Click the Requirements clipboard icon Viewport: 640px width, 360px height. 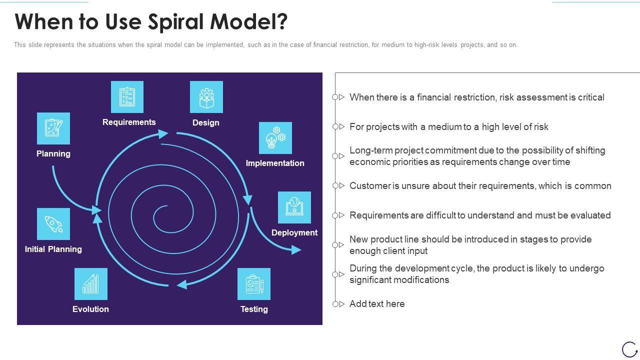tap(127, 97)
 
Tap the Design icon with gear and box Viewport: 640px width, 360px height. tap(206, 97)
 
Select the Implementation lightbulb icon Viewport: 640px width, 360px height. tap(275, 138)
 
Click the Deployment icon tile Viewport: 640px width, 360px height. tap(294, 207)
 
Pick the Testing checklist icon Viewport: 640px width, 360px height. tap(253, 284)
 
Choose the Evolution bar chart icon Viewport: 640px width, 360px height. tap(91, 284)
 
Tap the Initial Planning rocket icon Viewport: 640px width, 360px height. tap(53, 224)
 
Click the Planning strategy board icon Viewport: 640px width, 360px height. tap(53, 128)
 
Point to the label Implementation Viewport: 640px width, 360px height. tap(275, 163)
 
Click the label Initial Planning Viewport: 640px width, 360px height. tap(53, 249)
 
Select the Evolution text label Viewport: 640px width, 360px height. tap(90, 309)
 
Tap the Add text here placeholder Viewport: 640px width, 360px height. tap(377, 303)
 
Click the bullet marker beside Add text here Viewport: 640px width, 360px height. tap(338, 304)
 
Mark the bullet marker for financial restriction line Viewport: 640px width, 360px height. tap(338, 97)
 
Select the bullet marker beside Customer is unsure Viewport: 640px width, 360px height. tap(338, 185)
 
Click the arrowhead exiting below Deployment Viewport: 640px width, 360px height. tap(296, 249)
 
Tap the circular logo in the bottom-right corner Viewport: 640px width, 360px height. tap(629, 349)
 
